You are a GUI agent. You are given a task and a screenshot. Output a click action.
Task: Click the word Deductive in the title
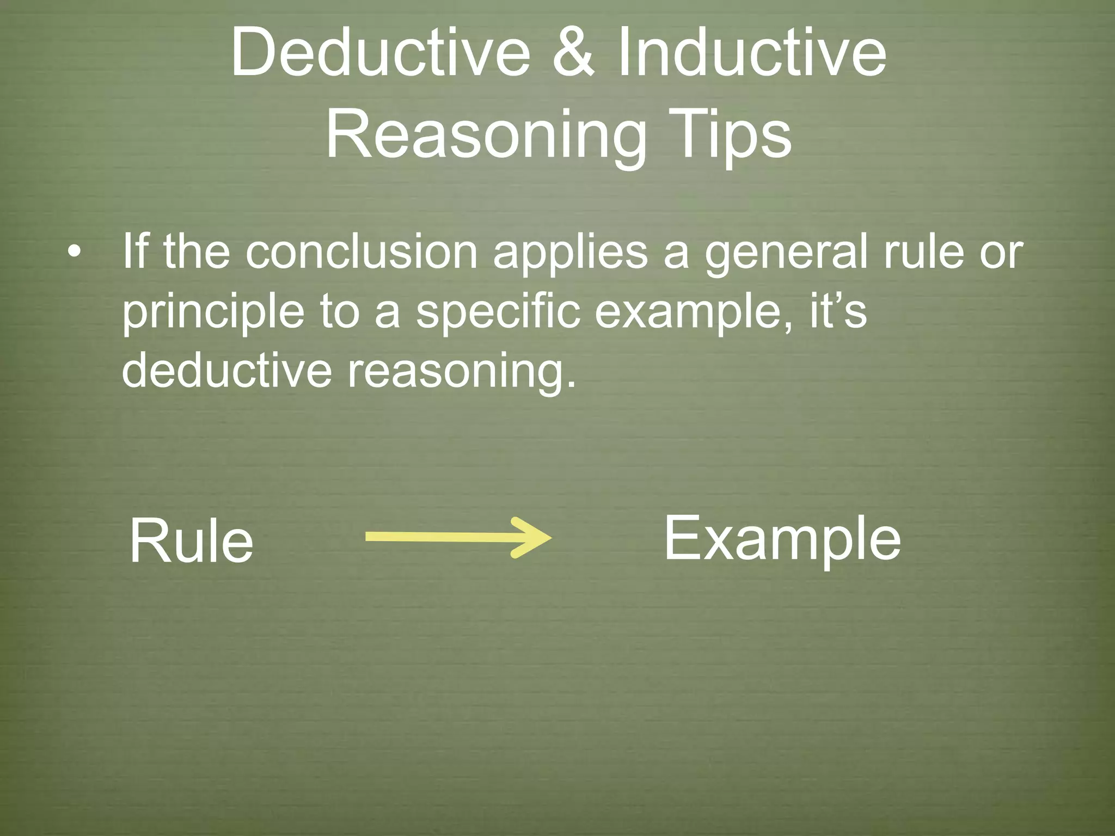(380, 53)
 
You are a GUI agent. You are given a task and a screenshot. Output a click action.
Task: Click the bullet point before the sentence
(75, 252)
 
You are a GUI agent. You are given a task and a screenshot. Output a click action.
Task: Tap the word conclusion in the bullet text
(362, 252)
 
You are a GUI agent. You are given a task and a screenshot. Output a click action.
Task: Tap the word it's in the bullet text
(838, 311)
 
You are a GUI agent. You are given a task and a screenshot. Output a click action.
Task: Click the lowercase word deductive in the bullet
(226, 370)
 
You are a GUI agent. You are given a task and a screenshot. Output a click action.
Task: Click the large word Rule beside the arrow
(191, 541)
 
